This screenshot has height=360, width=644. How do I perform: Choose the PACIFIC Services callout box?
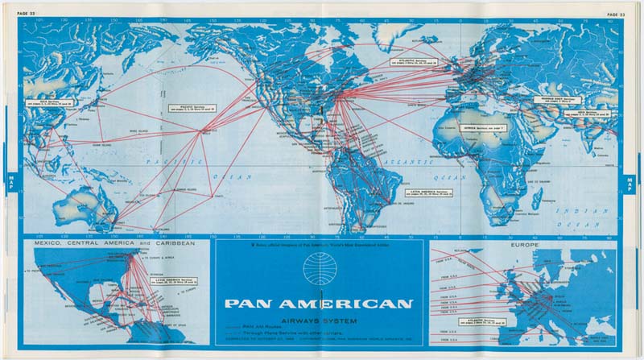(x=187, y=106)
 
